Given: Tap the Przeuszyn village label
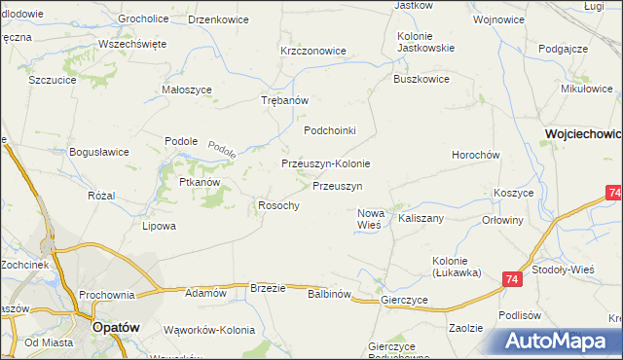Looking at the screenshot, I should point(338,185).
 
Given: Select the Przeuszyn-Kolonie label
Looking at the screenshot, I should point(325,163).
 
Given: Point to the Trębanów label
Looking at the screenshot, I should point(285,100).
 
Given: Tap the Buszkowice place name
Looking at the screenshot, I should point(421,80).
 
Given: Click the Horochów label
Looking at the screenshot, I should point(475,155).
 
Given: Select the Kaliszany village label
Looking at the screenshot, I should point(421,218).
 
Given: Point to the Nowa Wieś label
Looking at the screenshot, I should point(371,219).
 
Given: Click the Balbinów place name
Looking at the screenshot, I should point(328,293).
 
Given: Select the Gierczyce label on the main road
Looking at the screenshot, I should point(406,301).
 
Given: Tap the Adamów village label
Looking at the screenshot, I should point(205,292).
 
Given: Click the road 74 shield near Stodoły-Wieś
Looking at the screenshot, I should point(512,279).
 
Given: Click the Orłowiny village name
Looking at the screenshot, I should point(503,220).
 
